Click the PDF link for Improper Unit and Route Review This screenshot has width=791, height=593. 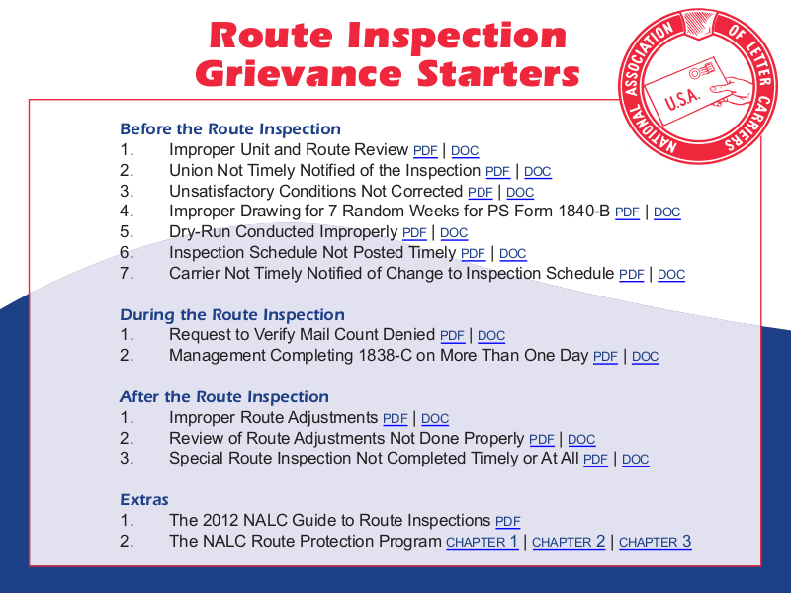425,151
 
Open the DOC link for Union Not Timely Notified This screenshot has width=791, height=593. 537,172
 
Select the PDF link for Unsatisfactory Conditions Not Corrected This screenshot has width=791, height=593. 481,193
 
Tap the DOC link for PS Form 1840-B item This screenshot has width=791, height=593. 666,212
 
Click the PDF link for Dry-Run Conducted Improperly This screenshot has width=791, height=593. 414,233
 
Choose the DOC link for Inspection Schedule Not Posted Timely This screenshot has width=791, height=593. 512,254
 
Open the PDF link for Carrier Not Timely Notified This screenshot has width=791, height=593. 632,275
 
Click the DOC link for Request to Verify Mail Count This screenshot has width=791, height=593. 490,336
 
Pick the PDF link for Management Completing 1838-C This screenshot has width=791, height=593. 605,357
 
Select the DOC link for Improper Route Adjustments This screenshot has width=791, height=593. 435,419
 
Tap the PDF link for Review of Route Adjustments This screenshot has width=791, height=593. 542,440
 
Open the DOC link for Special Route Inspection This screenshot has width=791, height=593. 636,460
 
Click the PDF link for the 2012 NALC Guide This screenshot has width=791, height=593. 508,522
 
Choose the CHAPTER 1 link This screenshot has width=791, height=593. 482,542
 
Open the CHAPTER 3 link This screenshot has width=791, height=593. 655,542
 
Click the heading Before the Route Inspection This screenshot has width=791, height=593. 229,129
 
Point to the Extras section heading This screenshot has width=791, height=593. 144,500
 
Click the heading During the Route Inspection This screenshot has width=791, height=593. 231,315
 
